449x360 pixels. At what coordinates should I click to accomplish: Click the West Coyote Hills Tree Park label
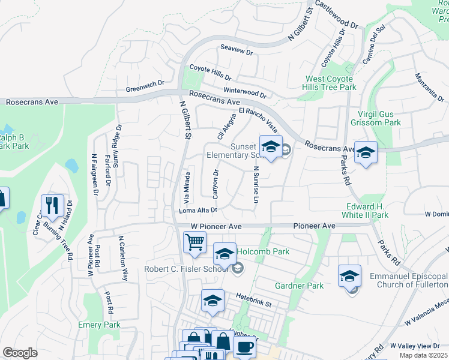[331, 83]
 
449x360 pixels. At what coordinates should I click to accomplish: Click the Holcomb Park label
[264, 251]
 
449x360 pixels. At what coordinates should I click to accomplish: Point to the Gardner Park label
[299, 286]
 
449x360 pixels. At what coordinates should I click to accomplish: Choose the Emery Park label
[99, 325]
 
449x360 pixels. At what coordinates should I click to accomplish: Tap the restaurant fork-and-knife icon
[53, 205]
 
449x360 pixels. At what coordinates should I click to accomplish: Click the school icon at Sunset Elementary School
[271, 146]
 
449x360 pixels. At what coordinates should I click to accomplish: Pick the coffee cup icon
[244, 347]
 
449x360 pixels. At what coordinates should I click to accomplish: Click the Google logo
[20, 353]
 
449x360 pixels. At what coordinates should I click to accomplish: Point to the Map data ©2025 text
[423, 355]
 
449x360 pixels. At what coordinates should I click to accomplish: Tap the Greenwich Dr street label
[145, 89]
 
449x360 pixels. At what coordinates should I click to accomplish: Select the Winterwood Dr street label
[245, 94]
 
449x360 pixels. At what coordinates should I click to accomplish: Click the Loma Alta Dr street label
[197, 211]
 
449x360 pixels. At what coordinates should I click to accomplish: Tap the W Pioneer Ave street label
[216, 226]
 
